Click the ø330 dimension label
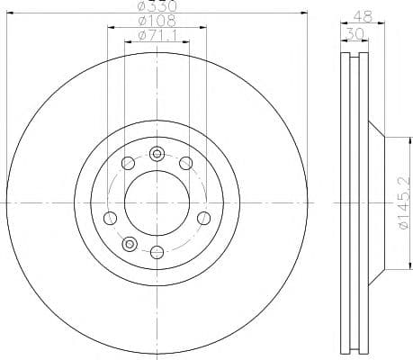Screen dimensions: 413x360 (x=157, y=5)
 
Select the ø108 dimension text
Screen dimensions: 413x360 (x=157, y=21)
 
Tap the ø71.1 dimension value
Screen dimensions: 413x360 (x=157, y=36)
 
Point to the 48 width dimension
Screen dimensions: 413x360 (x=363, y=15)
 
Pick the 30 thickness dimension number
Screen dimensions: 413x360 (x=355, y=33)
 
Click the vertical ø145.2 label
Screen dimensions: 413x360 (x=403, y=202)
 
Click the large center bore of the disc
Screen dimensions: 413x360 (x=157, y=203)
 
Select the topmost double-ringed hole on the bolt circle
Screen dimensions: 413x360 (x=157, y=154)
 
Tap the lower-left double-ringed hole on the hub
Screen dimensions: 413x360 (x=130, y=244)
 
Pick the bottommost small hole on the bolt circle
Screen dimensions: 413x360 (x=157, y=252)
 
